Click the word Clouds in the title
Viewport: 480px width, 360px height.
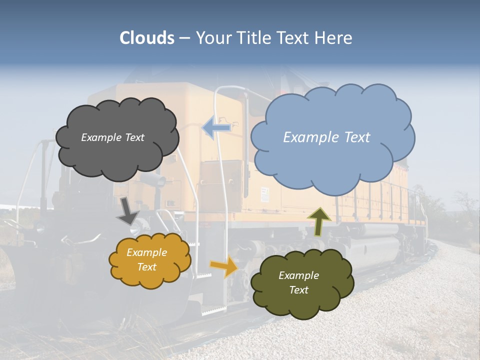pos(146,38)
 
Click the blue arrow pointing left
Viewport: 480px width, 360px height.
pos(216,128)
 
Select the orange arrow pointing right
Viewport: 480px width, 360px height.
pos(223,266)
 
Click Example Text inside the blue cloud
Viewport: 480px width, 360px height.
pos(326,137)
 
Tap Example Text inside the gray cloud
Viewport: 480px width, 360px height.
pos(112,137)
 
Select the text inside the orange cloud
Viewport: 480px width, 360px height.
pos(147,260)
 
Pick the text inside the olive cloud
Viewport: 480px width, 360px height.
pos(298,282)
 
